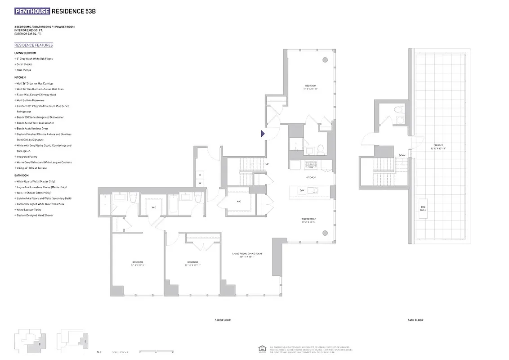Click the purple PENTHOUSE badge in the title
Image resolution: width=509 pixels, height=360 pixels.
[x=32, y=11]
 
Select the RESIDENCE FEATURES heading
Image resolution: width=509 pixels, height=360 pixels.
[x=33, y=45]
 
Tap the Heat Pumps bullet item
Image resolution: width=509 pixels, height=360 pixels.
[x=24, y=70]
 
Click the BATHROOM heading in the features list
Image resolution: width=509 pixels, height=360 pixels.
[x=21, y=175]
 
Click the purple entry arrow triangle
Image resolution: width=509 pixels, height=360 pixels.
[x=263, y=133]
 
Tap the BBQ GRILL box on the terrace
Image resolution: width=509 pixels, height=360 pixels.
[x=424, y=208]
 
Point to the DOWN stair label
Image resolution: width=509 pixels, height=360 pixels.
[x=402, y=155]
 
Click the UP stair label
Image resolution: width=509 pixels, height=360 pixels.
[x=267, y=164]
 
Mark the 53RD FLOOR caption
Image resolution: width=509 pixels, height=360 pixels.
[x=222, y=320]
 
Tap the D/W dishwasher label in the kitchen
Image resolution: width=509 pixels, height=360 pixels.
[x=302, y=190]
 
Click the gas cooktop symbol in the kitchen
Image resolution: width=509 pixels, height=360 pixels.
[x=311, y=165]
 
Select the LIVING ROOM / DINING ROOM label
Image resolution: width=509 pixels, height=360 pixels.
[x=247, y=254]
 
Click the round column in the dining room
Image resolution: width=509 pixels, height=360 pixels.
[x=325, y=233]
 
